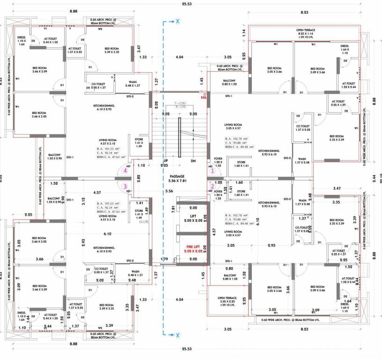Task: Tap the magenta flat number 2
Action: point(212,186)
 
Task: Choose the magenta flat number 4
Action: point(125,171)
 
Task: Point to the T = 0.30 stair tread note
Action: point(180,103)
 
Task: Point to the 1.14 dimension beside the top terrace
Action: point(244,32)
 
